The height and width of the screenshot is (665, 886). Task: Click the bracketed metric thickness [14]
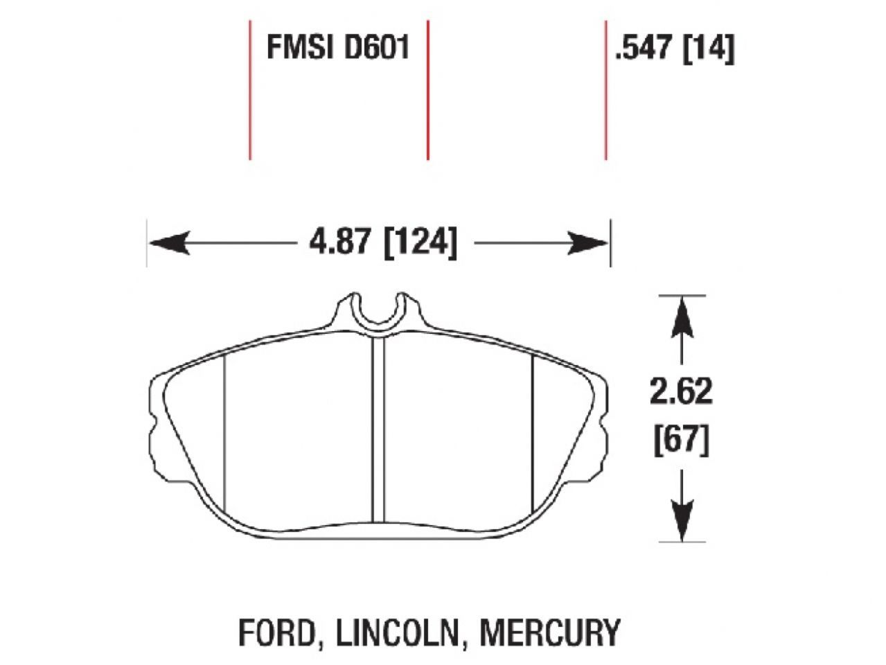coord(709,49)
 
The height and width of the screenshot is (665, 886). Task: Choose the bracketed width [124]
coord(420,243)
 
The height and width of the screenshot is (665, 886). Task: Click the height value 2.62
coord(681,393)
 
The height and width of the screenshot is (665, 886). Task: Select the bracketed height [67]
coord(682,440)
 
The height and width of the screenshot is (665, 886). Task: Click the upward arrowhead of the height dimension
coord(682,311)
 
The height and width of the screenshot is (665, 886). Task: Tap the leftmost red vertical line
coord(249,90)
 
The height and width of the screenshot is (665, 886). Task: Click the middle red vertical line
coord(427,90)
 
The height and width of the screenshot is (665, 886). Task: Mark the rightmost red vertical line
coord(605,90)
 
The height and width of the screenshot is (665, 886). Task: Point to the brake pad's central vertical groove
coord(378,429)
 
